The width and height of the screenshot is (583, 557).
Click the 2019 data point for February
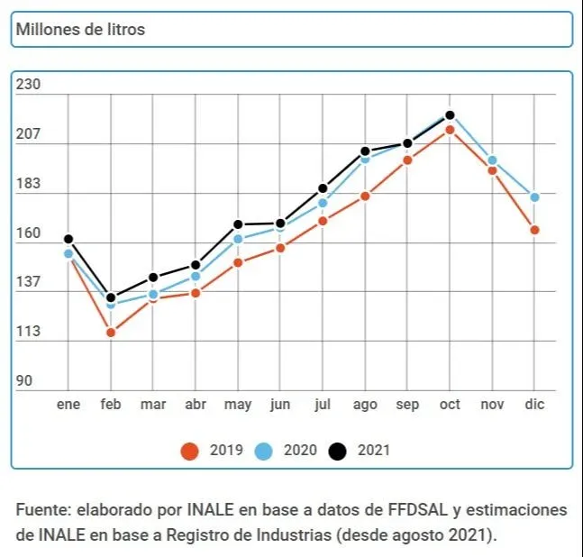[x=111, y=333]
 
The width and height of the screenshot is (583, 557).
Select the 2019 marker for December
[x=534, y=230]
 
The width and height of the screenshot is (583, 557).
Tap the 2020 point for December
[x=534, y=197]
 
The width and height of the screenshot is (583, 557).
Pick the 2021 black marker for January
[x=68, y=239]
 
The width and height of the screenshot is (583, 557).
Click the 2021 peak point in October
[x=450, y=115]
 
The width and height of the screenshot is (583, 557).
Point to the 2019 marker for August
[x=365, y=196]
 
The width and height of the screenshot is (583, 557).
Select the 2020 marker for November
[x=492, y=160]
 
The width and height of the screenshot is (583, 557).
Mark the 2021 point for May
[x=238, y=224]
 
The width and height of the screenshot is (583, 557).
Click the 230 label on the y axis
[x=30, y=85]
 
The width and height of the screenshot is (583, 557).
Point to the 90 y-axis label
[x=24, y=381]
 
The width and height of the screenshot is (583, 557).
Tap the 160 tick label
[x=30, y=233]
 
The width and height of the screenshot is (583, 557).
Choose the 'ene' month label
[x=68, y=405]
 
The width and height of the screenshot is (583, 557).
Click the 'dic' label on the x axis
[x=534, y=405]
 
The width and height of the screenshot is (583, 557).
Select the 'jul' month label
[x=323, y=405]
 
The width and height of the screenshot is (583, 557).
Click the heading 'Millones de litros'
[x=79, y=30]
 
